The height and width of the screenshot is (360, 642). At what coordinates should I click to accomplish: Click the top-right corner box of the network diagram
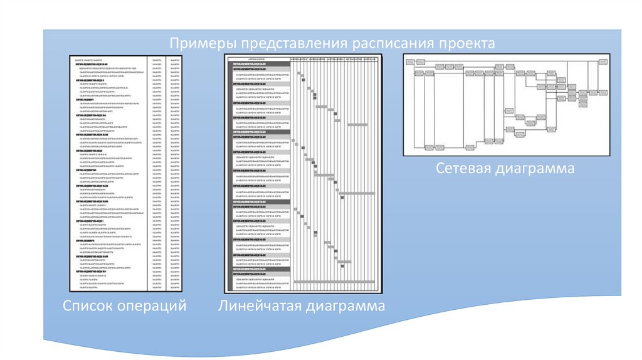[x=603, y=61]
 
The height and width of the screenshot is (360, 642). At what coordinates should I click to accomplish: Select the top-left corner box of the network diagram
[x=411, y=61]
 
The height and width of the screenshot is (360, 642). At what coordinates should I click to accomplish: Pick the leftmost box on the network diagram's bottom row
[x=429, y=147]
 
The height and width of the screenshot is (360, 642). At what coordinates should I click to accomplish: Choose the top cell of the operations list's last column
[x=174, y=58]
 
